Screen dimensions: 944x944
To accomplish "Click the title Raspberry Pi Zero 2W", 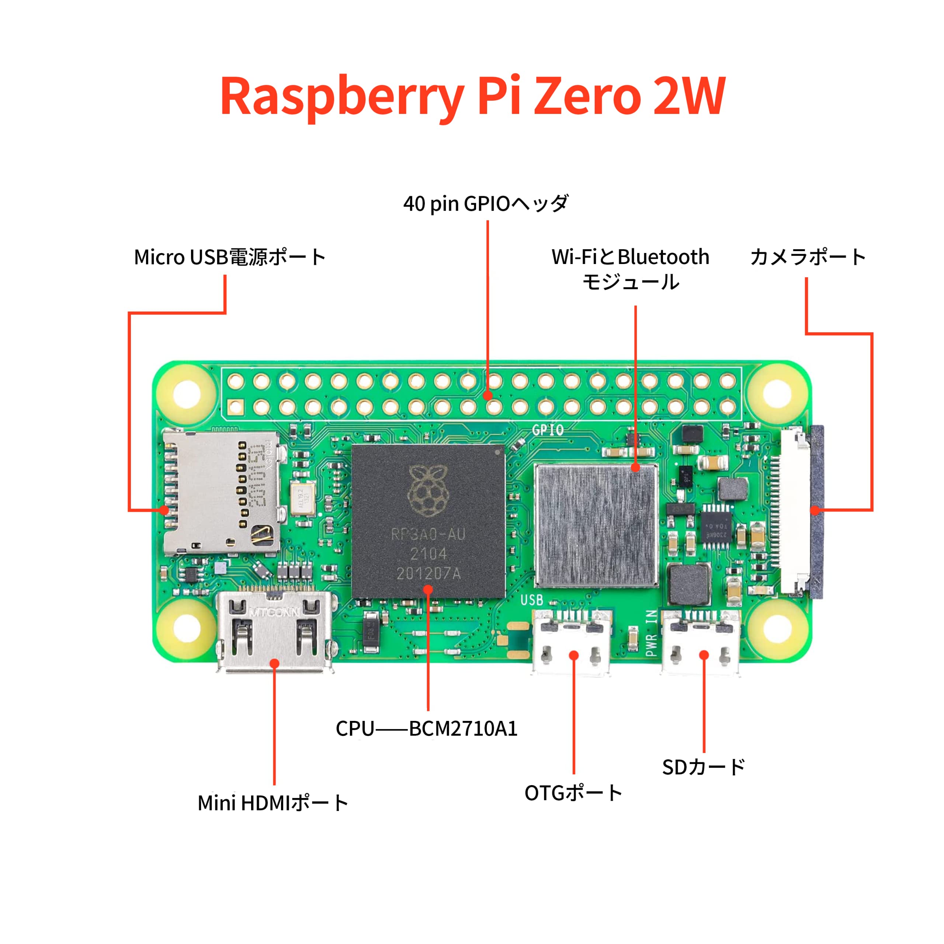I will pos(472,97).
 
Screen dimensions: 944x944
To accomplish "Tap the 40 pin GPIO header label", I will pos(486,204).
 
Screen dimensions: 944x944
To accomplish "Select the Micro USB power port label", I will pos(230,257).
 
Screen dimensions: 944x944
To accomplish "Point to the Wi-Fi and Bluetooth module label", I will pos(630,269).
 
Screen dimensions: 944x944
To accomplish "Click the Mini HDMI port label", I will pos(273,803).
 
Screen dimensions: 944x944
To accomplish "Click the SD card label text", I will pos(703,767).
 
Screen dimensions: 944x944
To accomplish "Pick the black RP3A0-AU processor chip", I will pos(428,521).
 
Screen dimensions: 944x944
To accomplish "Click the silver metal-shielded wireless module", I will pos(597,525).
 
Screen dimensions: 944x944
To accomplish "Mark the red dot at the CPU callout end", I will pos(428,590).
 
